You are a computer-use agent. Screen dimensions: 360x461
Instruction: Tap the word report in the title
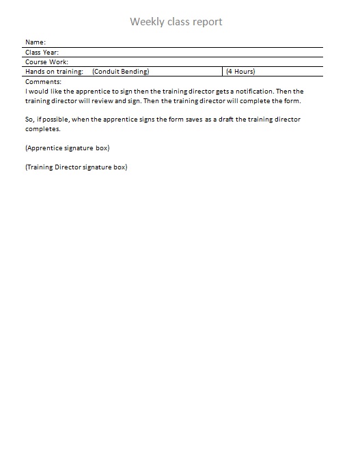click(x=206, y=22)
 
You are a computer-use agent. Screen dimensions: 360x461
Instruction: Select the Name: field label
click(x=35, y=42)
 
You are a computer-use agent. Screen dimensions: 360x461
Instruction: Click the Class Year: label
click(x=42, y=52)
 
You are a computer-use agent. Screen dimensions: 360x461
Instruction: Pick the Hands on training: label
click(x=54, y=71)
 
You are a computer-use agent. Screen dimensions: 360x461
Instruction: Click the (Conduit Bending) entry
click(x=120, y=71)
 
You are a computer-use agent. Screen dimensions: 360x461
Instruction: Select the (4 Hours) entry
click(x=240, y=71)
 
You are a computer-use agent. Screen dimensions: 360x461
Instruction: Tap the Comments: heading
click(x=43, y=81)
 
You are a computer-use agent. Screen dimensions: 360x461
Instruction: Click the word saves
click(x=194, y=119)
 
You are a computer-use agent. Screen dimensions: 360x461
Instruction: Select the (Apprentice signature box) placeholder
click(x=67, y=148)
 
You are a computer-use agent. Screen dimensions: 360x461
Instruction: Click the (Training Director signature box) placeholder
click(x=76, y=167)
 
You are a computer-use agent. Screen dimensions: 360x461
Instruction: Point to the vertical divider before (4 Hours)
click(x=223, y=71)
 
